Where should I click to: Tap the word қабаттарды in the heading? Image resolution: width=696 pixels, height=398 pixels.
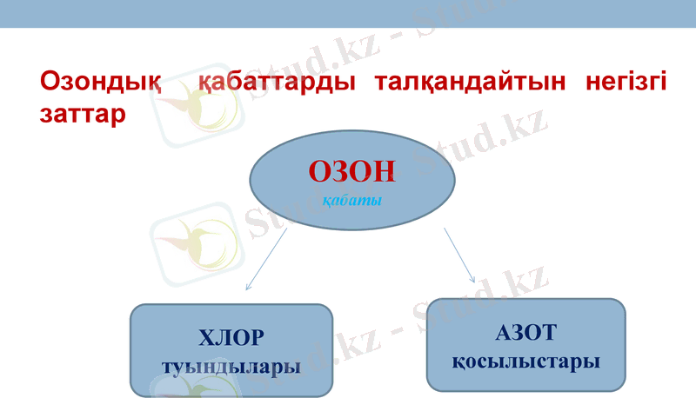[x=273, y=83]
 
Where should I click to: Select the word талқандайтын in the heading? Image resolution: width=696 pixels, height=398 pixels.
[x=460, y=83]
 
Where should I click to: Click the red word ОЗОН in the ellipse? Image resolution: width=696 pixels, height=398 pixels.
[x=351, y=172]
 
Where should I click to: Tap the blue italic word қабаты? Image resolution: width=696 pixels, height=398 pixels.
[x=351, y=201]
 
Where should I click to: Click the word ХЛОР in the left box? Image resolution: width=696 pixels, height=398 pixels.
[x=231, y=337]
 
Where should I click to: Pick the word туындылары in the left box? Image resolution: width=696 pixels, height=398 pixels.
[x=231, y=366]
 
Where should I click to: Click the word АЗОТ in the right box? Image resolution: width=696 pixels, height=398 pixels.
[x=525, y=332]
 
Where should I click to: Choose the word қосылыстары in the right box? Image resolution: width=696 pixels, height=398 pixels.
[x=525, y=361]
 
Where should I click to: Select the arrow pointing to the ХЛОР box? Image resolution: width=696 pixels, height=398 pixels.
[x=266, y=259]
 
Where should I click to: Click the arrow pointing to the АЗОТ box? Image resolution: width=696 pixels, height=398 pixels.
[x=458, y=255]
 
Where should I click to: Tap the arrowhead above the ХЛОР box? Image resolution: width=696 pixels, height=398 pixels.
[x=248, y=287]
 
